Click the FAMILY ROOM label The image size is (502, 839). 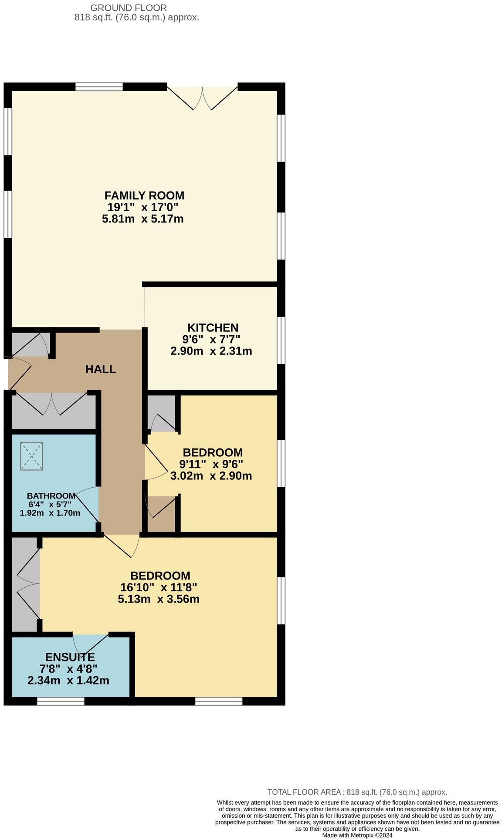(144, 195)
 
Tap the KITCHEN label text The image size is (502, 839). (213, 327)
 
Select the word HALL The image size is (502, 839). (101, 369)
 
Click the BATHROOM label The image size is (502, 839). (51, 495)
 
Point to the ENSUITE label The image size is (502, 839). (70, 657)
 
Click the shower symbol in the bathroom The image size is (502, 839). (32, 456)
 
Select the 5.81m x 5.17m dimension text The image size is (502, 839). (142, 219)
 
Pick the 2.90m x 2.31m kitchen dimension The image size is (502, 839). (211, 351)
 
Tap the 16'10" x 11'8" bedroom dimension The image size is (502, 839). (159, 587)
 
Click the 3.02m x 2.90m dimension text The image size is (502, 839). (211, 476)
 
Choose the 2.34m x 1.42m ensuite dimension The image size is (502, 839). (68, 680)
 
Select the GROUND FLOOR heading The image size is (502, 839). (128, 7)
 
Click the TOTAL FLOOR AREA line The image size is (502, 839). (357, 792)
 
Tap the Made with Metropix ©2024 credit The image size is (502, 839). (357, 835)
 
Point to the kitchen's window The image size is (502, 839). (282, 340)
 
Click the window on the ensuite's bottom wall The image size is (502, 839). (61, 701)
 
